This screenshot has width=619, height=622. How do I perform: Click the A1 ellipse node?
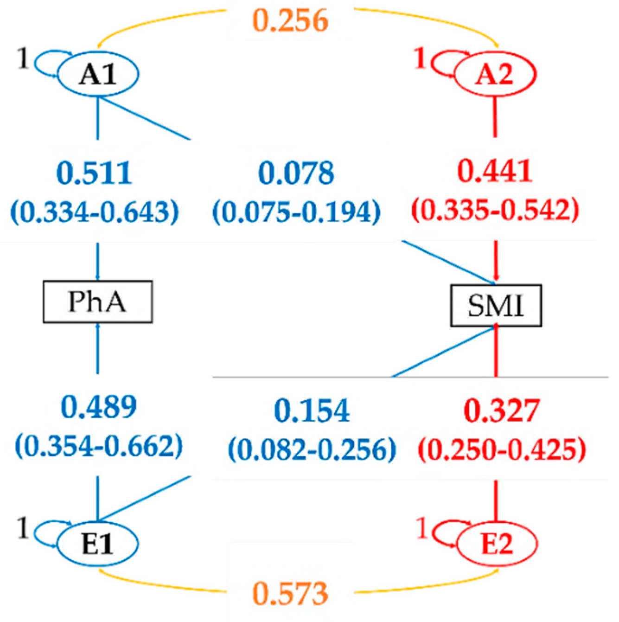pyautogui.click(x=97, y=74)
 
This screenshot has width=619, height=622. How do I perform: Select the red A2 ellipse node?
pyautogui.click(x=495, y=74)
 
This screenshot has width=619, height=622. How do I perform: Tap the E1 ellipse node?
pyautogui.click(x=97, y=544)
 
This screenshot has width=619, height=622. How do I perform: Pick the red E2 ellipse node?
pyautogui.click(x=497, y=544)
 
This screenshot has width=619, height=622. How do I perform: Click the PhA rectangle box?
pyautogui.click(x=97, y=301)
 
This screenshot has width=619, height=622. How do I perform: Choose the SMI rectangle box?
pyautogui.click(x=496, y=306)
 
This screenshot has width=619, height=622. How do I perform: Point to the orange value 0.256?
pyautogui.click(x=291, y=21)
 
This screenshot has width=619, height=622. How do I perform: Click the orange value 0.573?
pyautogui.click(x=291, y=593)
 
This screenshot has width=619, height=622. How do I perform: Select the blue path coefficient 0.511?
pyautogui.click(x=94, y=173)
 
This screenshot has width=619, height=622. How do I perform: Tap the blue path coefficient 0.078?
pyautogui.click(x=296, y=173)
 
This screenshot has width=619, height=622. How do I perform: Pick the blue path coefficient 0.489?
pyautogui.click(x=99, y=407)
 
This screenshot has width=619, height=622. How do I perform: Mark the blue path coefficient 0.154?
pyautogui.click(x=312, y=410)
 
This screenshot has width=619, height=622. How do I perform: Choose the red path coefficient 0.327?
pyautogui.click(x=502, y=410)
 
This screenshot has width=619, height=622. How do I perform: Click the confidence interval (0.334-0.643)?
pyautogui.click(x=95, y=212)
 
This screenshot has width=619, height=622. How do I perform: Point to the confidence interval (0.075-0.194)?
pyautogui.click(x=296, y=212)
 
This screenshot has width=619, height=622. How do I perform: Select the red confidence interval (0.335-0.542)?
pyautogui.click(x=495, y=210)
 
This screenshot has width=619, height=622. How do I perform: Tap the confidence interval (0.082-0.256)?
pyautogui.click(x=312, y=449)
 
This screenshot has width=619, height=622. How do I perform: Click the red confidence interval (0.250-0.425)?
pyautogui.click(x=502, y=449)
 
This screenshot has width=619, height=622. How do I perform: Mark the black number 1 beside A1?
pyautogui.click(x=22, y=59)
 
